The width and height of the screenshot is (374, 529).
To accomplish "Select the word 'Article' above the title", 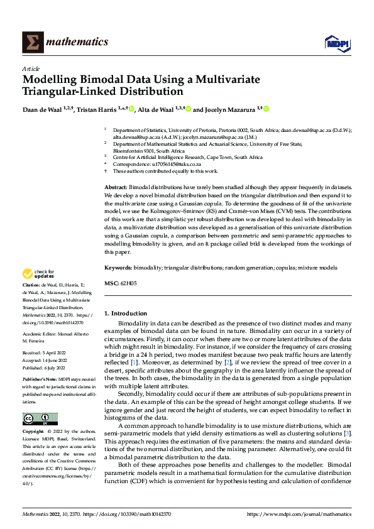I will (31, 68).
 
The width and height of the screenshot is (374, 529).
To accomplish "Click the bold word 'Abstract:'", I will (116, 188).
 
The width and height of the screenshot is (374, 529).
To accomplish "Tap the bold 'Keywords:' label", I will (118, 268).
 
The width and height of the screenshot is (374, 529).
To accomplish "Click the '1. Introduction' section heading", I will (125, 314).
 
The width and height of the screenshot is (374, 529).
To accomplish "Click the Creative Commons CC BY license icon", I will (40, 418).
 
